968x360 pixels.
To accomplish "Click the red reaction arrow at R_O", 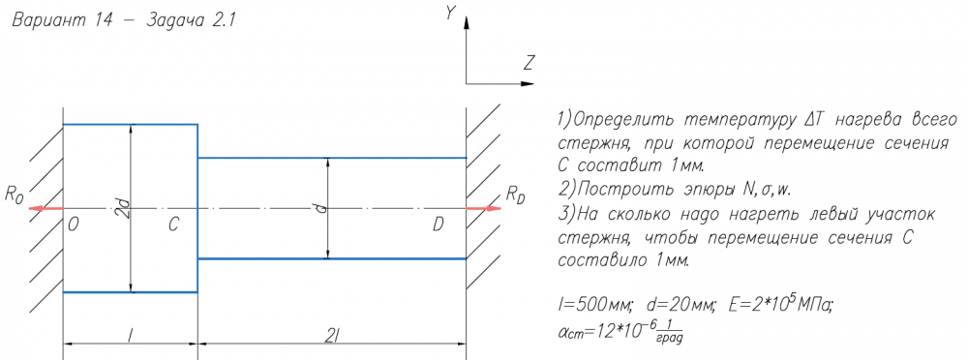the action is pos(46,208).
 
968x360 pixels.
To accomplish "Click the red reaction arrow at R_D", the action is pos(483,208).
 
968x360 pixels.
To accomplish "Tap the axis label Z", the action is pos(529,62).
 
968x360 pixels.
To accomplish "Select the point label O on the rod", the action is pos(74,225).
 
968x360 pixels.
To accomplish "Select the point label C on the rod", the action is pos(173,225).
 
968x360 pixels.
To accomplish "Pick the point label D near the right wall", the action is pos(438,225).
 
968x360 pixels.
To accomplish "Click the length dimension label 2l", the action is pos(331,335).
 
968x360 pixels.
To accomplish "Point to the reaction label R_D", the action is pos(516,195).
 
